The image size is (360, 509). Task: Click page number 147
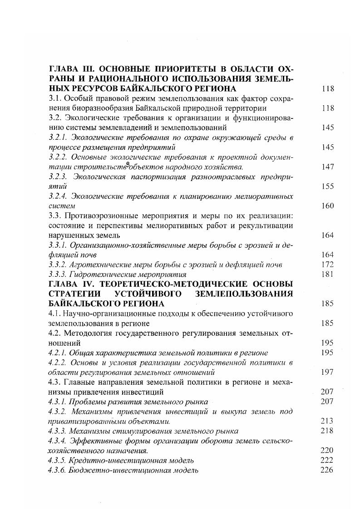(x=327, y=167)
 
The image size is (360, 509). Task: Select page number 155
(x=327, y=186)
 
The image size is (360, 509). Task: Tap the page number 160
(x=327, y=206)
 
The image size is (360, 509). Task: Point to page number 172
(x=327, y=264)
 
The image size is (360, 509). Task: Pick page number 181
(x=327, y=274)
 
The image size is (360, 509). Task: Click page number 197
(x=327, y=372)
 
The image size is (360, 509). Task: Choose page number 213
(x=327, y=421)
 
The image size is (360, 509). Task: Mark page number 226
(x=327, y=470)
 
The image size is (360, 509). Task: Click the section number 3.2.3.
(x=58, y=176)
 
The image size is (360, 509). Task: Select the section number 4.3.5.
(x=58, y=460)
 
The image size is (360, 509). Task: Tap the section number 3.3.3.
(x=58, y=274)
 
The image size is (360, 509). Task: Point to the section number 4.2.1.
(x=58, y=352)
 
